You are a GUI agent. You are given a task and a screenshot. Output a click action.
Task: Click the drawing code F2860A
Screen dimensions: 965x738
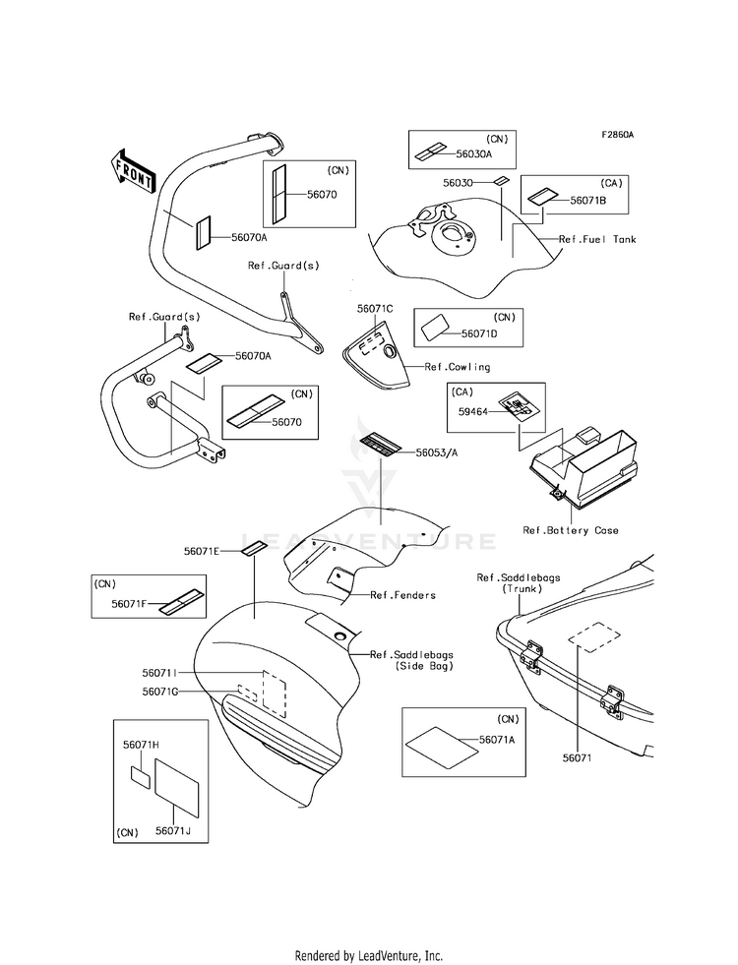[x=617, y=135]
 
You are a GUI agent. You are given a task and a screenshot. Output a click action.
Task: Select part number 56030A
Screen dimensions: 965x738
[x=474, y=154]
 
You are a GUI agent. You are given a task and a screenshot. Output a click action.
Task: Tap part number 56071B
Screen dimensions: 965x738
[x=587, y=200]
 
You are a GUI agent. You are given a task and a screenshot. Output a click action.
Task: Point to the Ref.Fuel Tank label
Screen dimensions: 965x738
[x=597, y=239]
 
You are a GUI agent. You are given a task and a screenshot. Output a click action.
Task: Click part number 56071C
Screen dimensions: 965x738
[x=375, y=309]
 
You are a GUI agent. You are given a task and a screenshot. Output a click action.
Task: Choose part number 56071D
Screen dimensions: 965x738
[x=479, y=333]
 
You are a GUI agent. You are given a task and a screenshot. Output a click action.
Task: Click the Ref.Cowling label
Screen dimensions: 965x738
[x=458, y=367]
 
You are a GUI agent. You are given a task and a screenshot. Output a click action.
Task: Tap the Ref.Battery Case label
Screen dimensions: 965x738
[x=571, y=530]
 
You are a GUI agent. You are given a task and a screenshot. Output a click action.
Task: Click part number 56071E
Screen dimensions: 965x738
[x=202, y=552]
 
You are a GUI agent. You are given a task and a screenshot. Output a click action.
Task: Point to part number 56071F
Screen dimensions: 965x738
[x=129, y=604]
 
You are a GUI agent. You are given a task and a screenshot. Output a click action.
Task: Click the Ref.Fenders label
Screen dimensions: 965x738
[x=402, y=594]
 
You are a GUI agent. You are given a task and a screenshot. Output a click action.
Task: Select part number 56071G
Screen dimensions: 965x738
[x=159, y=692]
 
